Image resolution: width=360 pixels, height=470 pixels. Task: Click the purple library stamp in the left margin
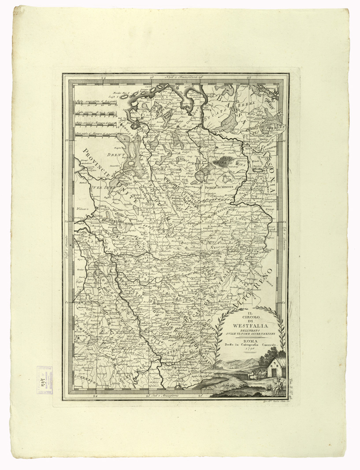45,378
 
